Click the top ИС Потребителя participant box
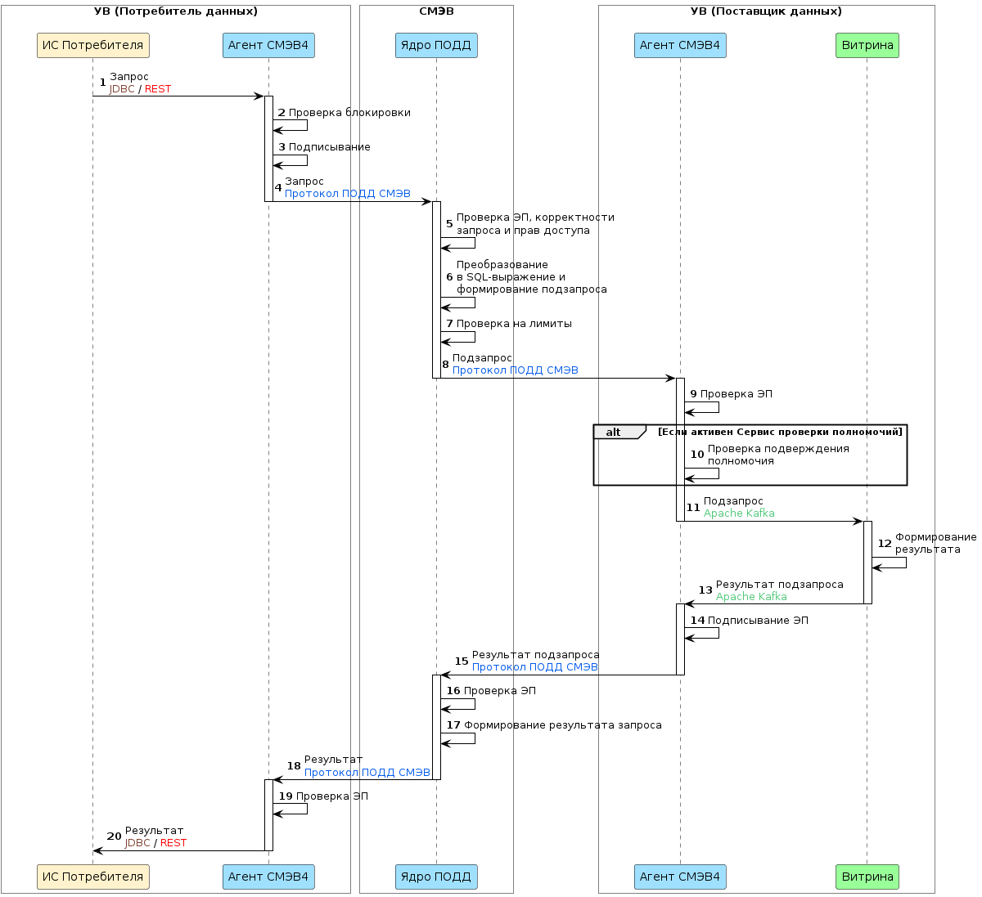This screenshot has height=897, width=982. point(92,45)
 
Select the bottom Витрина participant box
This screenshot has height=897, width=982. point(867,877)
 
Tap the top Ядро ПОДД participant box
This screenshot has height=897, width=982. point(435,45)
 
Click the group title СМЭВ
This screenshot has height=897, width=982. point(436,11)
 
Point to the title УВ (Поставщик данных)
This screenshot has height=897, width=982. point(766,11)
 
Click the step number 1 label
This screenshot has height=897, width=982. point(102,83)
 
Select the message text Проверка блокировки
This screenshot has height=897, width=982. point(349,113)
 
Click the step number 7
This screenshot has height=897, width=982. point(449,324)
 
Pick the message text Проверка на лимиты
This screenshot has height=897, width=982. point(514,324)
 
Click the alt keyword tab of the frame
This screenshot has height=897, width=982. point(614,432)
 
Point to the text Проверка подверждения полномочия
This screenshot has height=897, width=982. point(777,455)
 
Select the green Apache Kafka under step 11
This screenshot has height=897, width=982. point(739,514)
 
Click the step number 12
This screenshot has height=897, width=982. point(885,544)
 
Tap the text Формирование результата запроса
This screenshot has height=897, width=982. point(563,725)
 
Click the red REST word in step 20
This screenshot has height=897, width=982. point(173,843)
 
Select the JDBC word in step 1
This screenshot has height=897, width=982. point(122,89)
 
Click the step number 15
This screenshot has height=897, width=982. point(462,662)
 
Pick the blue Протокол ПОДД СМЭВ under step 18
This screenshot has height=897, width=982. point(367,773)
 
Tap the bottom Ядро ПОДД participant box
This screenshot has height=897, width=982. point(435,877)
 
